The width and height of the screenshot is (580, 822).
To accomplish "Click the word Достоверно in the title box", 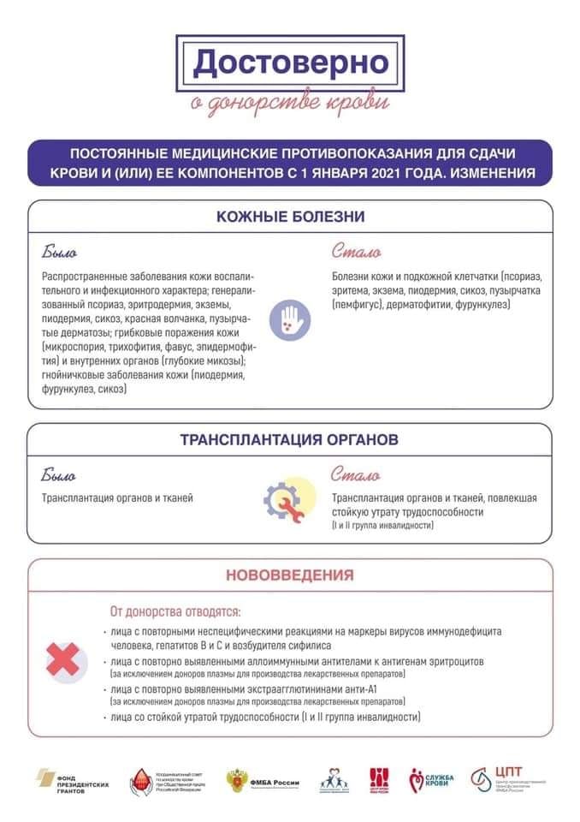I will (x=290, y=62).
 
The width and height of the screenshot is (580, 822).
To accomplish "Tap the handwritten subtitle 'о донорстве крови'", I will (x=290, y=103).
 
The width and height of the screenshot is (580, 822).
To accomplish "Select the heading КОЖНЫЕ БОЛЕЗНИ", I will (x=291, y=217).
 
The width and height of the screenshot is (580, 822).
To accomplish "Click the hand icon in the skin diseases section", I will (x=290, y=321).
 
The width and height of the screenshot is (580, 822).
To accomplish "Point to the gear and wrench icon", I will (x=281, y=498).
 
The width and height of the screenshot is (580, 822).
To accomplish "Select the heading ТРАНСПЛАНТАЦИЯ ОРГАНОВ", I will (x=289, y=441).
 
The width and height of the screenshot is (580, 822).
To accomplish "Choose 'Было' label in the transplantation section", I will (x=59, y=475).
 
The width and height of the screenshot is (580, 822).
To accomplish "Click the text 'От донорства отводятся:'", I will (x=175, y=612).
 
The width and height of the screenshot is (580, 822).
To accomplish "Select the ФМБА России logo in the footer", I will (x=260, y=780).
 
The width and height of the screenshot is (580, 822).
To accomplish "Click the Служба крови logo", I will (x=432, y=780).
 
